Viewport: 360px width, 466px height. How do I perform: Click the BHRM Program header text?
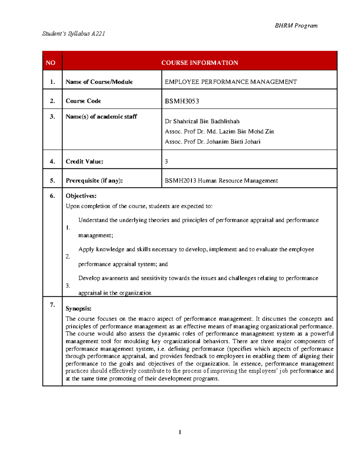pyautogui.click(x=296, y=26)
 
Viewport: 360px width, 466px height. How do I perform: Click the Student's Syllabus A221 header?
pyautogui.click(x=73, y=34)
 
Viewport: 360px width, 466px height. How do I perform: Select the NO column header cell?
pyautogui.click(x=50, y=63)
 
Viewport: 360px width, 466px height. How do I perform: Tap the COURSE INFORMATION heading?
pyautogui.click(x=199, y=63)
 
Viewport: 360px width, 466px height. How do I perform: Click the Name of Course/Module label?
pyautogui.click(x=99, y=82)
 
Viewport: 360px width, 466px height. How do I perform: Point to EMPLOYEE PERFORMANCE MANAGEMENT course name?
pyautogui.click(x=231, y=82)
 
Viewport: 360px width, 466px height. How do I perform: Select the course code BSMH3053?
pyautogui.click(x=182, y=101)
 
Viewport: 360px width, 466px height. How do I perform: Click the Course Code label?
pyautogui.click(x=83, y=101)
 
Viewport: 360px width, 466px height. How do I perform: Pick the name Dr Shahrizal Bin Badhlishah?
pyautogui.click(x=202, y=122)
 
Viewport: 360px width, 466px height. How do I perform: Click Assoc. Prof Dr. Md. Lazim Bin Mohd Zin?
pyautogui.click(x=219, y=131)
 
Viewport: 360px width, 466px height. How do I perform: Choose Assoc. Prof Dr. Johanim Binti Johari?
pyautogui.click(x=212, y=142)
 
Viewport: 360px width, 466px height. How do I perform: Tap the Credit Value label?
pyautogui.click(x=84, y=162)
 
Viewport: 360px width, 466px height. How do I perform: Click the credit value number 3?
pyautogui.click(x=166, y=162)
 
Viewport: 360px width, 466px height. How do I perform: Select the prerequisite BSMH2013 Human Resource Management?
pyautogui.click(x=221, y=181)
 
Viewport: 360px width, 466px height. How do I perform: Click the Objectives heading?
pyautogui.click(x=81, y=196)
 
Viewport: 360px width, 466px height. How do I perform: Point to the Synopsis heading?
pyautogui.click(x=78, y=308)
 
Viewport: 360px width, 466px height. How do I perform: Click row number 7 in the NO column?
pyautogui.click(x=52, y=305)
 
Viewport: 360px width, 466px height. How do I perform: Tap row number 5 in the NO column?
pyautogui.click(x=52, y=181)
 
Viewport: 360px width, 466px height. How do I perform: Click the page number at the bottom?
pyautogui.click(x=180, y=432)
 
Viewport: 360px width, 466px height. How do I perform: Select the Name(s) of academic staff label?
pyautogui.click(x=101, y=117)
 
